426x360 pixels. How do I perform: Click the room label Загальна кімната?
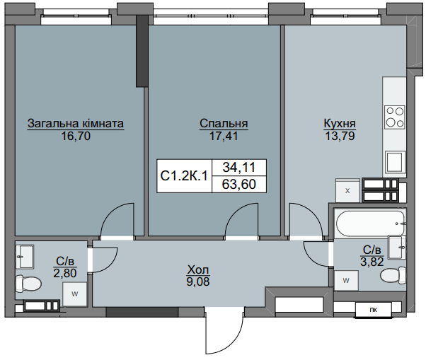(x=76, y=124)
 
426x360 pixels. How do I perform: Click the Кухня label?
(x=339, y=122)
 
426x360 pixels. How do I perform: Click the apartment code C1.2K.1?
(x=183, y=176)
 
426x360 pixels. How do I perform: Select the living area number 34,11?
(x=239, y=168)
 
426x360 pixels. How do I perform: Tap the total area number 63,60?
(x=239, y=185)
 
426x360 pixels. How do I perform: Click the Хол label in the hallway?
(x=198, y=269)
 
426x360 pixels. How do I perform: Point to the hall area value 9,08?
(x=198, y=281)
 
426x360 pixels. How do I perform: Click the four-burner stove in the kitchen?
(x=394, y=116)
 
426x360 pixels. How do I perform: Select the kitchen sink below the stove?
(x=394, y=163)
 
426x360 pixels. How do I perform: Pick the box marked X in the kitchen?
(x=347, y=190)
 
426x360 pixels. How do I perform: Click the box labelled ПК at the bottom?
(x=373, y=310)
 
